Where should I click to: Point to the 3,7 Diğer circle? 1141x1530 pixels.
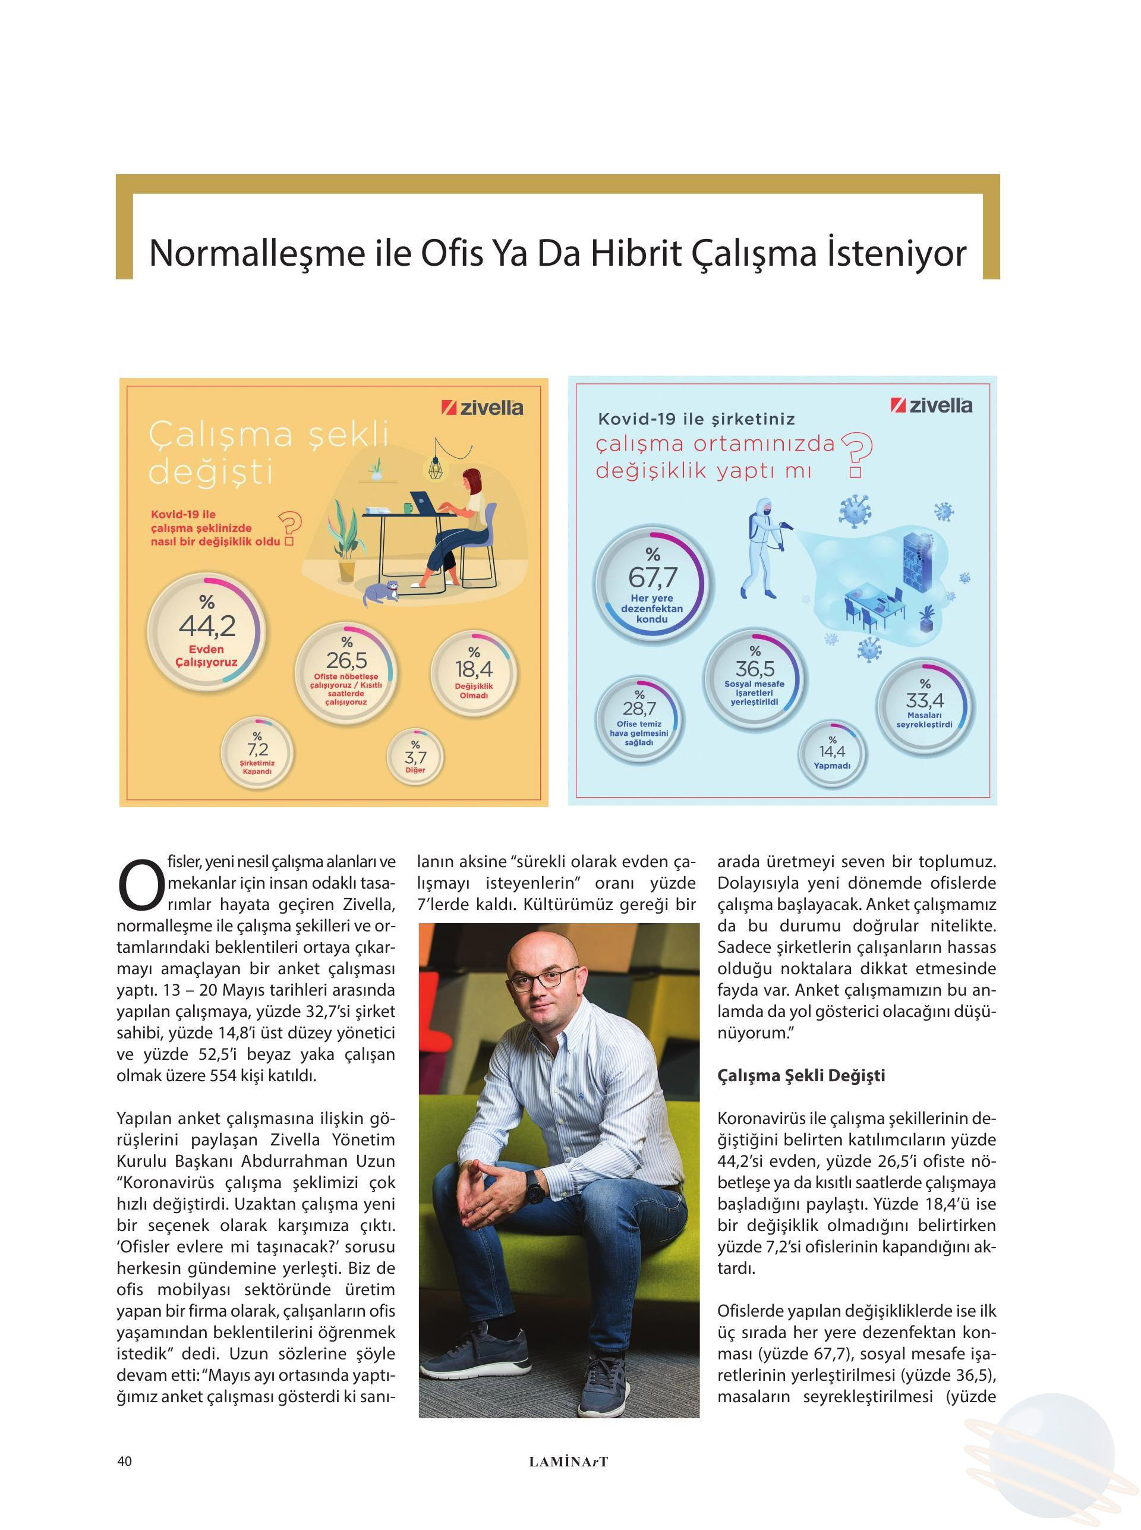pyautogui.click(x=415, y=757)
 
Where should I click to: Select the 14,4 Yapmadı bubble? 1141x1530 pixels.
pyautogui.click(x=831, y=755)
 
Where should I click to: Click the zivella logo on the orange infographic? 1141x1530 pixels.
pyautogui.click(x=482, y=408)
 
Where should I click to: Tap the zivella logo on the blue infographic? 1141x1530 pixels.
pyautogui.click(x=931, y=405)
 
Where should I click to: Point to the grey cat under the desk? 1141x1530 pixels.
pyautogui.click(x=382, y=592)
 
